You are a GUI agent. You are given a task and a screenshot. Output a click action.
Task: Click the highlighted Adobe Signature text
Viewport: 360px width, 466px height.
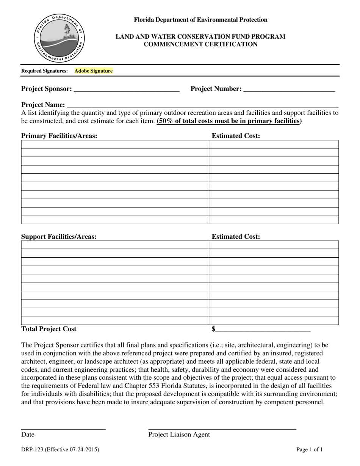tap(94, 71)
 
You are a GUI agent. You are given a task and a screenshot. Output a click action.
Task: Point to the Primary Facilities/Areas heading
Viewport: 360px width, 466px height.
tap(59, 136)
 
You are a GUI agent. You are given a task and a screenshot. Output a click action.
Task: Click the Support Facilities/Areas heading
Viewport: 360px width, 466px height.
tap(59, 236)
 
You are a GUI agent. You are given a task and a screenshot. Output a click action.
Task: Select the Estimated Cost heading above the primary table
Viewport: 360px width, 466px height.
tap(236, 136)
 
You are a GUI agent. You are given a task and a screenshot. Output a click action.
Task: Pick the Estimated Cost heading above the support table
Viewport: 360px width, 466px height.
tap(236, 236)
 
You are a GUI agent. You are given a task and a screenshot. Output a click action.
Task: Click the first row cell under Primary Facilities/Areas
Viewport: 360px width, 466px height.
tap(115, 144)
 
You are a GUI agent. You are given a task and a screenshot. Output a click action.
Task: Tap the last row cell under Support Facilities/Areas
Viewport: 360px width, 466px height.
tap(115, 321)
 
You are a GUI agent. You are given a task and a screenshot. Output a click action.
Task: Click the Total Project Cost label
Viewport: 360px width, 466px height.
tap(49, 329)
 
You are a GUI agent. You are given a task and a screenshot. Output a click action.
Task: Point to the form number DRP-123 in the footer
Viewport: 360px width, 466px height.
tap(60, 450)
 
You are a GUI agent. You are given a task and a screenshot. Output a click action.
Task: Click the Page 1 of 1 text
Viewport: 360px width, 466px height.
tap(310, 450)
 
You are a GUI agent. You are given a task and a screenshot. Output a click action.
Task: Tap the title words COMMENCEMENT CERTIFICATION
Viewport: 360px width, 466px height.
tap(200, 44)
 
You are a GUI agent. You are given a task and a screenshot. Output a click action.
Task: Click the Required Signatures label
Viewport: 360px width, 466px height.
tap(45, 71)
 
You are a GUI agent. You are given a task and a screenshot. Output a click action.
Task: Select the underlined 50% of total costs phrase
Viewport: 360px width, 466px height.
tap(229, 121)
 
